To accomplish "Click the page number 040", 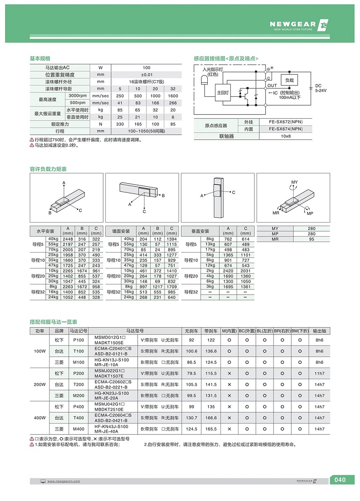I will click(x=340, y=480).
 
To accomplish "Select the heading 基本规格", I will click(x=41, y=59).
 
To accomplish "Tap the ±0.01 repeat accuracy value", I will click(x=147, y=75).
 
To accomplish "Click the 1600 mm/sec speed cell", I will click(x=173, y=96).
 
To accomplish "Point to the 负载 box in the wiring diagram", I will click(x=289, y=80).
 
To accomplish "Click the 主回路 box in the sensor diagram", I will click(x=223, y=92).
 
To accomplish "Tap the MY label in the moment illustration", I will click(x=294, y=183).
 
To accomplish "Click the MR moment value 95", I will click(x=311, y=239).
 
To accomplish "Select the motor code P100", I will click(x=79, y=340).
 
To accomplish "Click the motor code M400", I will click(x=79, y=428).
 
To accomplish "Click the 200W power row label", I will click(x=40, y=384).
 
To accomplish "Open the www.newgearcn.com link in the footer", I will click(x=63, y=481).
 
